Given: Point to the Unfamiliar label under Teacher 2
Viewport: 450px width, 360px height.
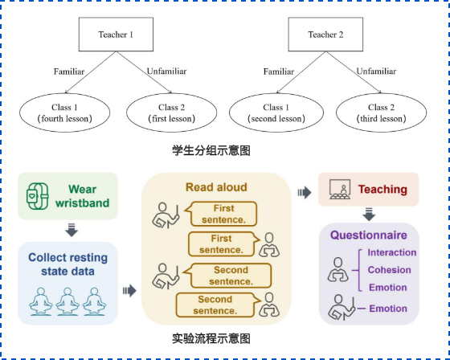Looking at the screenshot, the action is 376,72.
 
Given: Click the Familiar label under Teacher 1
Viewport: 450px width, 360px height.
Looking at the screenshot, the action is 69,72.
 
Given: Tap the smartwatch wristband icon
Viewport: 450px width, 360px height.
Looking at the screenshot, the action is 38,196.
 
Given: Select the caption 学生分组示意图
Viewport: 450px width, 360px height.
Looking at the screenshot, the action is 211,150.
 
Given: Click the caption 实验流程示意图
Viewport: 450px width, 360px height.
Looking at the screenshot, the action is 211,338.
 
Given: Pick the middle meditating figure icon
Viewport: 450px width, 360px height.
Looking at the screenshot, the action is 67,301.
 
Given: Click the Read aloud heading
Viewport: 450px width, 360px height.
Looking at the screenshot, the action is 216,187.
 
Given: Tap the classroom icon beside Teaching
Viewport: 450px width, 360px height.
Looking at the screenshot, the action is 340,189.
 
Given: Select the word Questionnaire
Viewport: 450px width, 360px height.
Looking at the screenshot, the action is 369,235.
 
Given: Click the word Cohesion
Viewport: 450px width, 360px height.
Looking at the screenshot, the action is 390,270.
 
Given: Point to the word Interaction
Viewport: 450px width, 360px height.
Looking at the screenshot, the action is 392,252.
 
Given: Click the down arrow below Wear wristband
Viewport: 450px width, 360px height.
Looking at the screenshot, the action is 72,230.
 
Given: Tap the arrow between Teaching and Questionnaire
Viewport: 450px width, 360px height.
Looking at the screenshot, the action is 369,215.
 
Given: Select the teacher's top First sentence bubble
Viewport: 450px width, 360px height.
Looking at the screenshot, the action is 221,214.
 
